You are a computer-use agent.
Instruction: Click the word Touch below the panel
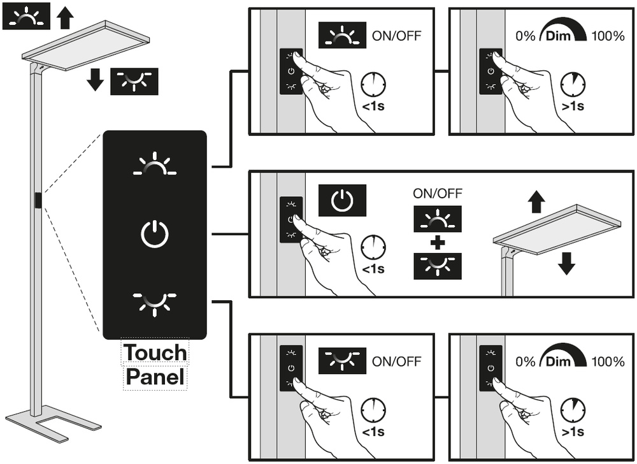click(155, 352)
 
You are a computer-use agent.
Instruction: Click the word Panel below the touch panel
click(155, 377)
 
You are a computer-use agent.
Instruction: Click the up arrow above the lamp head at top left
click(64, 17)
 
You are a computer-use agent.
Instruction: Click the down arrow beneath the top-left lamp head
click(96, 81)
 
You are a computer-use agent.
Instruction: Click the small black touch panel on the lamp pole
click(39, 200)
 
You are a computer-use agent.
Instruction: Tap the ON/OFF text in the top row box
click(396, 36)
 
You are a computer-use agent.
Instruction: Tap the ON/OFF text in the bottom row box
click(396, 361)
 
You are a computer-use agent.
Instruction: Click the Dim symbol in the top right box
click(563, 36)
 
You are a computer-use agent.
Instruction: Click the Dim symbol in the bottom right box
click(563, 361)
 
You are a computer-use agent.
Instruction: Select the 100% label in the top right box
click(608, 36)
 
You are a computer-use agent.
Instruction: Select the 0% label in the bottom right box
click(526, 361)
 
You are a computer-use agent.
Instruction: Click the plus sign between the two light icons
click(436, 243)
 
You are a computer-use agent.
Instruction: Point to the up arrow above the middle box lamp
click(536, 203)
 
